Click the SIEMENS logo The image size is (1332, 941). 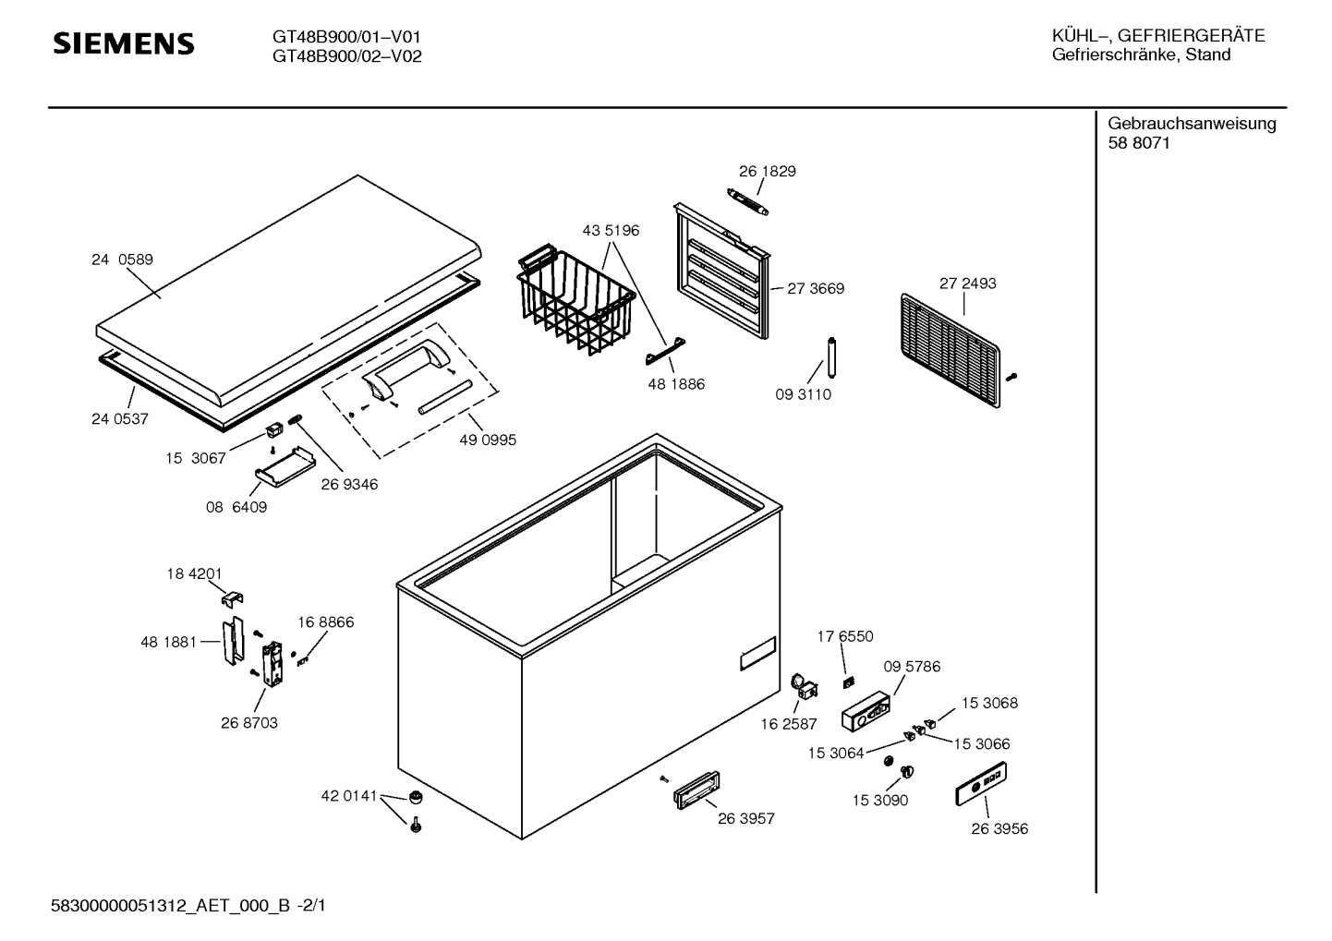pos(124,43)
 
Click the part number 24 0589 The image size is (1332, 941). pos(122,260)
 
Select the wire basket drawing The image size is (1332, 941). pos(575,300)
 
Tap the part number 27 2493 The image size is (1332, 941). pos(967,284)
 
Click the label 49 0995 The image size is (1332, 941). pos(488,440)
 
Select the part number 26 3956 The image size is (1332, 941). pos(999,829)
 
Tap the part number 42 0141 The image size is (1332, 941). pos(349,796)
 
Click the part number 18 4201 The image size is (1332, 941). pos(194,574)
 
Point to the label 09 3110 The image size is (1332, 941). pos(803,394)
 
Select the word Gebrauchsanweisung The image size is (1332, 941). pos(1192,124)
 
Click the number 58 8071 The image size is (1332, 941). pos(1139,143)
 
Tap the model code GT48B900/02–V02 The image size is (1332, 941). pos(346,56)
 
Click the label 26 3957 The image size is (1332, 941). pos(746,819)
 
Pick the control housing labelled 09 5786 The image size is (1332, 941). pos(866,712)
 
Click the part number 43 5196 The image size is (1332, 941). pos(611,231)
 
